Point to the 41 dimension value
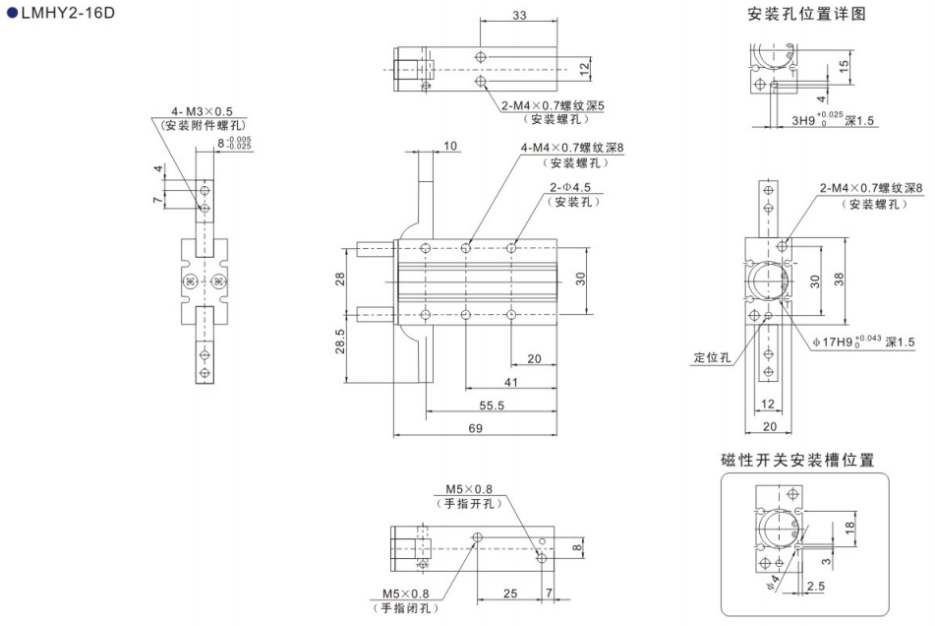click(509, 381)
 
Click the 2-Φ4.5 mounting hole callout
click(573, 187)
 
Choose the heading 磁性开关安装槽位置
click(797, 459)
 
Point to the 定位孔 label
click(712, 358)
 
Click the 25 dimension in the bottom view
click(508, 595)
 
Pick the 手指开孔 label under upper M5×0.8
click(469, 503)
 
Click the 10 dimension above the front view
click(451, 146)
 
